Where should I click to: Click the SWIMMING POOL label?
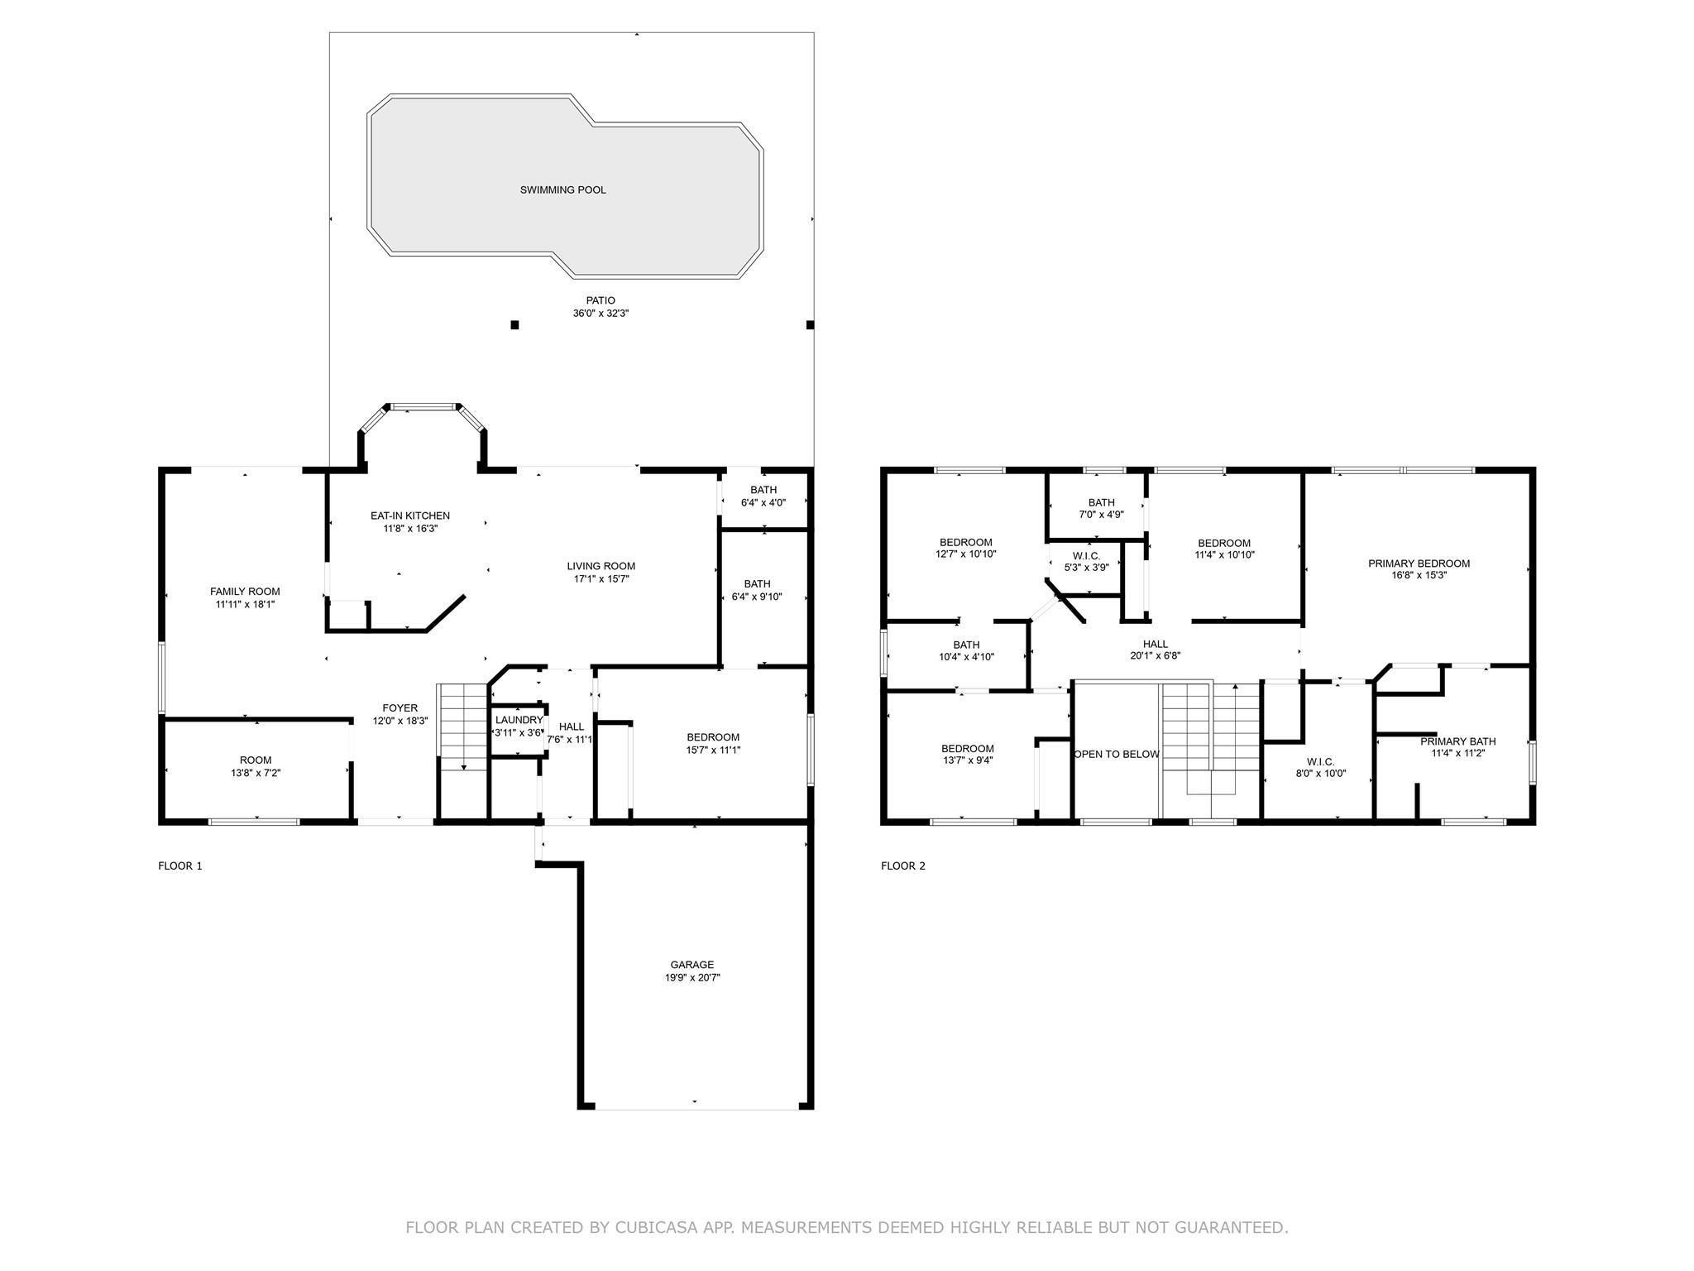tap(562, 190)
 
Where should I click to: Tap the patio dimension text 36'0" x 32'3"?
tap(601, 314)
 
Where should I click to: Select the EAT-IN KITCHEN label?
tap(410, 516)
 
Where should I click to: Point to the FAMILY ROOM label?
tap(245, 592)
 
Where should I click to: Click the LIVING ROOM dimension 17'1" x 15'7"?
tap(601, 579)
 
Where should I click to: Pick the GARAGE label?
tap(692, 965)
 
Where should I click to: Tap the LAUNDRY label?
tap(519, 720)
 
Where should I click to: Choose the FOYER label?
tap(400, 708)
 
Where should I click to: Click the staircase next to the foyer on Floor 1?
tap(462, 727)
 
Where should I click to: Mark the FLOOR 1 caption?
tap(180, 866)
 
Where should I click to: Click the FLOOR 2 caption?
tap(903, 866)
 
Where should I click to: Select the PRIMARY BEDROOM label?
tap(1419, 564)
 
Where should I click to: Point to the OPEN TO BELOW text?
tap(1117, 755)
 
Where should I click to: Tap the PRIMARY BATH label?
tap(1458, 741)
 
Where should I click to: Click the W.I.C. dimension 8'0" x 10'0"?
tap(1320, 775)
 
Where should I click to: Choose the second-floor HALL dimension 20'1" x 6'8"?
tap(1156, 656)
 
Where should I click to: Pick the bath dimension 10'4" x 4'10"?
tap(966, 657)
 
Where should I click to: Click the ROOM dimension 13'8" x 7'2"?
tap(256, 773)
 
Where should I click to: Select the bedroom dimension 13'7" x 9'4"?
tap(967, 760)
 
